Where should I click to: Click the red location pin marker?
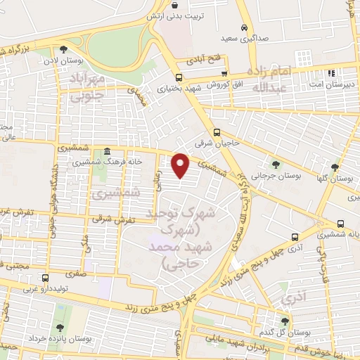[x=181, y=166]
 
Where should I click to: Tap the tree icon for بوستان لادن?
[x=64, y=49]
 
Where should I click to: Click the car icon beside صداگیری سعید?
[x=243, y=27]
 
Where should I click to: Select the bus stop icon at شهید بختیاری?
[x=179, y=77]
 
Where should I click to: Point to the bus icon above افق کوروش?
[x=224, y=73]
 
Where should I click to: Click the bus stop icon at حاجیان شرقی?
[x=217, y=131]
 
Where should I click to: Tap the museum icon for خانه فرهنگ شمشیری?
[x=106, y=151]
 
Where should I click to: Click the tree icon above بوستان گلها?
[x=335, y=167]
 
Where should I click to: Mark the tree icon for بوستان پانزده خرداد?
[x=59, y=328]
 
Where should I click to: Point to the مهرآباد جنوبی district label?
[x=88, y=86]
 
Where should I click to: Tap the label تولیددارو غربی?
[x=49, y=288]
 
